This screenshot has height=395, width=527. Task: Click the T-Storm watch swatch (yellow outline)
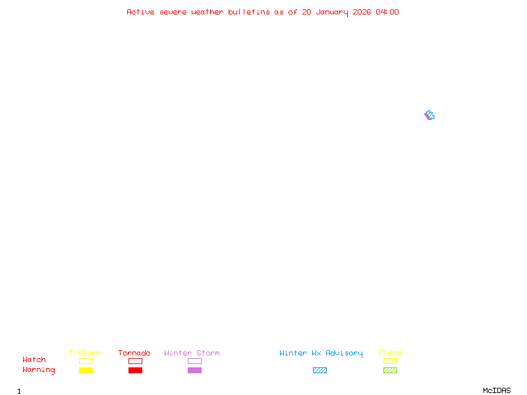click(x=86, y=361)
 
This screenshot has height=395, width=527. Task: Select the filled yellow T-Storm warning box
click(x=86, y=370)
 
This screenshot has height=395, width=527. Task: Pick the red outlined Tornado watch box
click(x=135, y=361)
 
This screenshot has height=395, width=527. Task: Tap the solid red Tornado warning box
click(x=135, y=370)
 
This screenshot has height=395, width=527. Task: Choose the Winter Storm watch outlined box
click(x=194, y=361)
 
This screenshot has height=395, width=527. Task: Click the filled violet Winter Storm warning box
click(x=194, y=370)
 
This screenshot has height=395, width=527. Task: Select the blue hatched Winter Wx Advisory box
click(x=319, y=370)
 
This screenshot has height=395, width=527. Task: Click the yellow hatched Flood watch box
click(x=390, y=361)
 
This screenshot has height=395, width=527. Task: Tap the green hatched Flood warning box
click(x=390, y=370)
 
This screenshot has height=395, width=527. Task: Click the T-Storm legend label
click(x=85, y=353)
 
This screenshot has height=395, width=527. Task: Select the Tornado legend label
click(x=134, y=353)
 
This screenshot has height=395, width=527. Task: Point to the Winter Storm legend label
click(x=192, y=353)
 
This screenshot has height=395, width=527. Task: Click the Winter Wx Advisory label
click(x=321, y=353)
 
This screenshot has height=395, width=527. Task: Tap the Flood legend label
click(x=390, y=353)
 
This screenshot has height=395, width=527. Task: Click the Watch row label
click(x=34, y=360)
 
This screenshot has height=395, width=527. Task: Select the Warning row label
click(x=39, y=370)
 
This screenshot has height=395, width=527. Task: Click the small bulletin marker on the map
click(x=429, y=115)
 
